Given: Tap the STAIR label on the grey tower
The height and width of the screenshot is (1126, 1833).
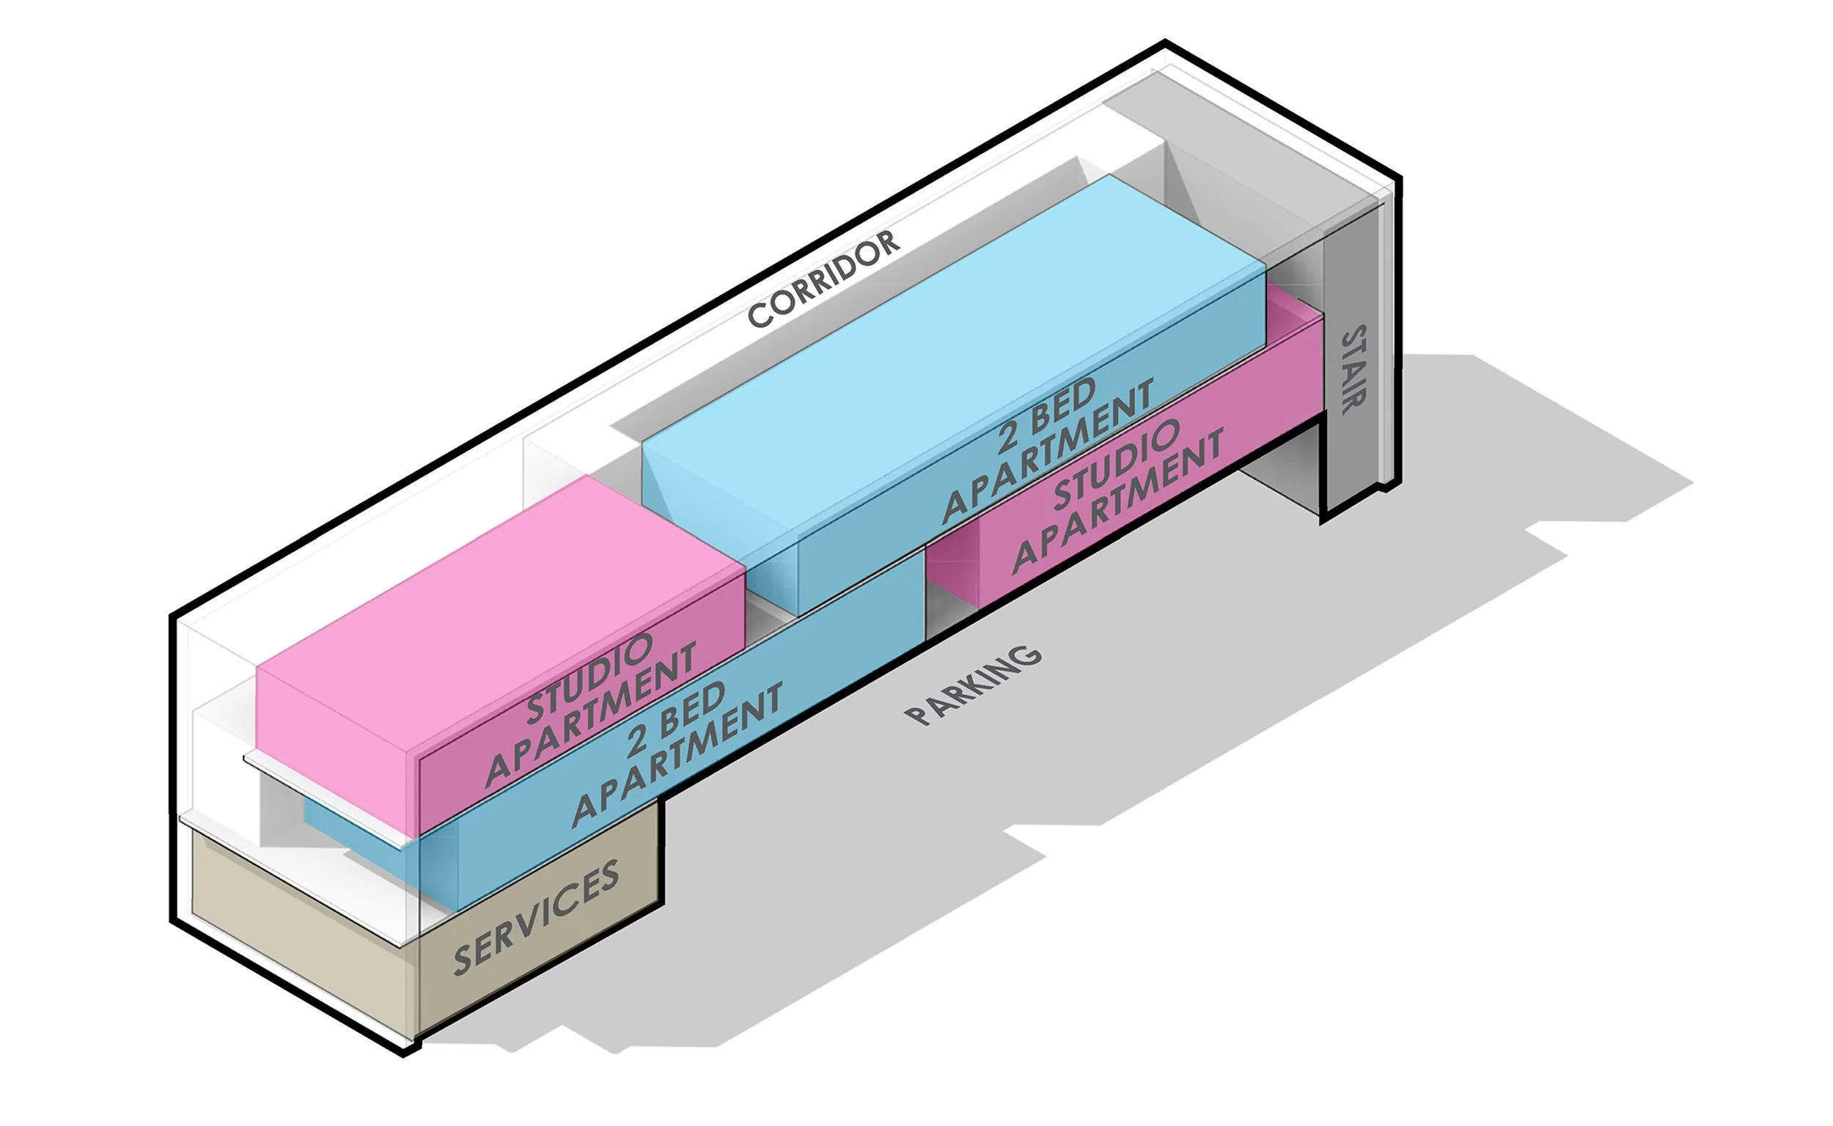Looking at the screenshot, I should point(1353,369).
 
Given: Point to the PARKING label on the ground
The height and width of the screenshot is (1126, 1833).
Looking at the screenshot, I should point(972,685).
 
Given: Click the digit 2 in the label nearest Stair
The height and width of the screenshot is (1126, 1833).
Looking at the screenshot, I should point(1007,436).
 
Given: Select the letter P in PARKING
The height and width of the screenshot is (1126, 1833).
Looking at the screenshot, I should point(918,715).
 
